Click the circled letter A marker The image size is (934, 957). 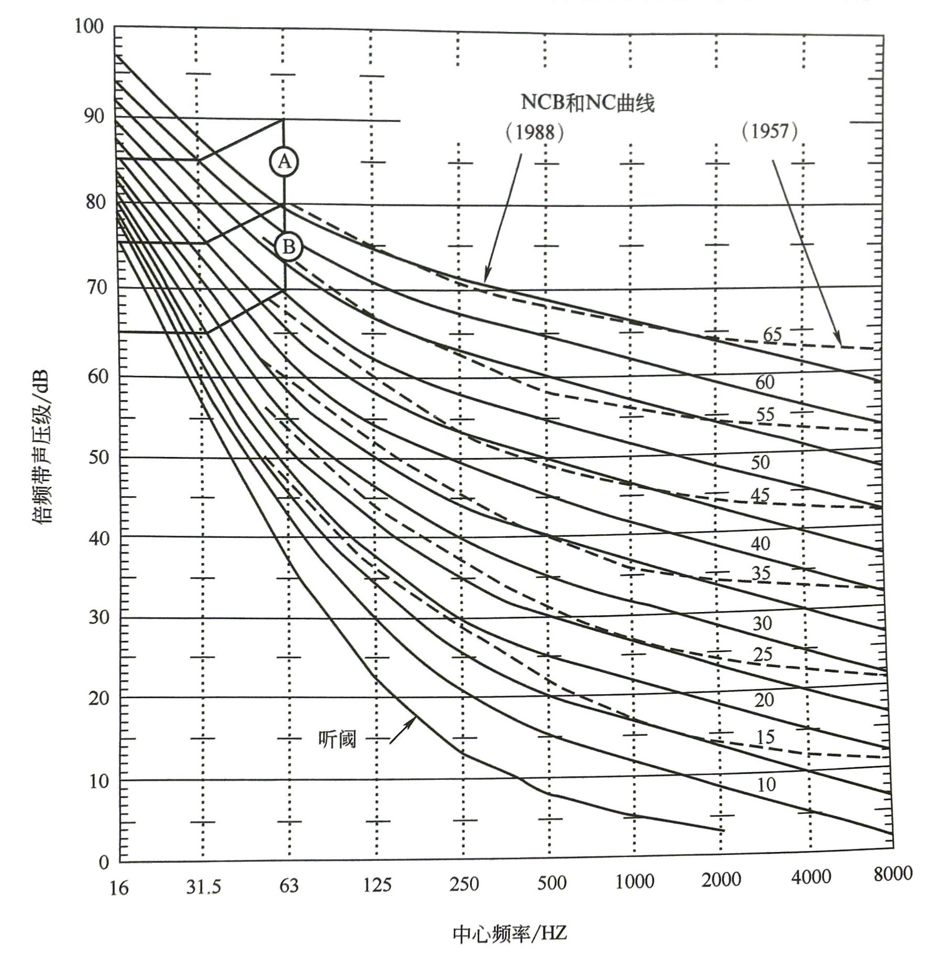point(284,162)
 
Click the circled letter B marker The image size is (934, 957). point(289,247)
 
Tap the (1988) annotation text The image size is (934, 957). point(535,133)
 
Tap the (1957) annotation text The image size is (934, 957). point(769,131)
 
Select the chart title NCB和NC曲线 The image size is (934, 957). point(587,102)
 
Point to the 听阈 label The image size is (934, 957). point(337,739)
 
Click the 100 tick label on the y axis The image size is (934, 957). point(89,26)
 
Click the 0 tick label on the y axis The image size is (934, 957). point(103,862)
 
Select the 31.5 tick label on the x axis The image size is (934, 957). point(203,887)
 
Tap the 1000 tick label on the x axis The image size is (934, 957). point(635,882)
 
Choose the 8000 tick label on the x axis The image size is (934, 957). point(893,873)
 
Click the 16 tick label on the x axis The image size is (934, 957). point(119,888)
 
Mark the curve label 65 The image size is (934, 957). point(772,334)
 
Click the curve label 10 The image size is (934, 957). point(766,785)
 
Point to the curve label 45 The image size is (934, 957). point(760,495)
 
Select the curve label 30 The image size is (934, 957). point(762,623)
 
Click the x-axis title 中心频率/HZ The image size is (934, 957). point(510,933)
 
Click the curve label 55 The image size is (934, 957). point(765,414)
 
